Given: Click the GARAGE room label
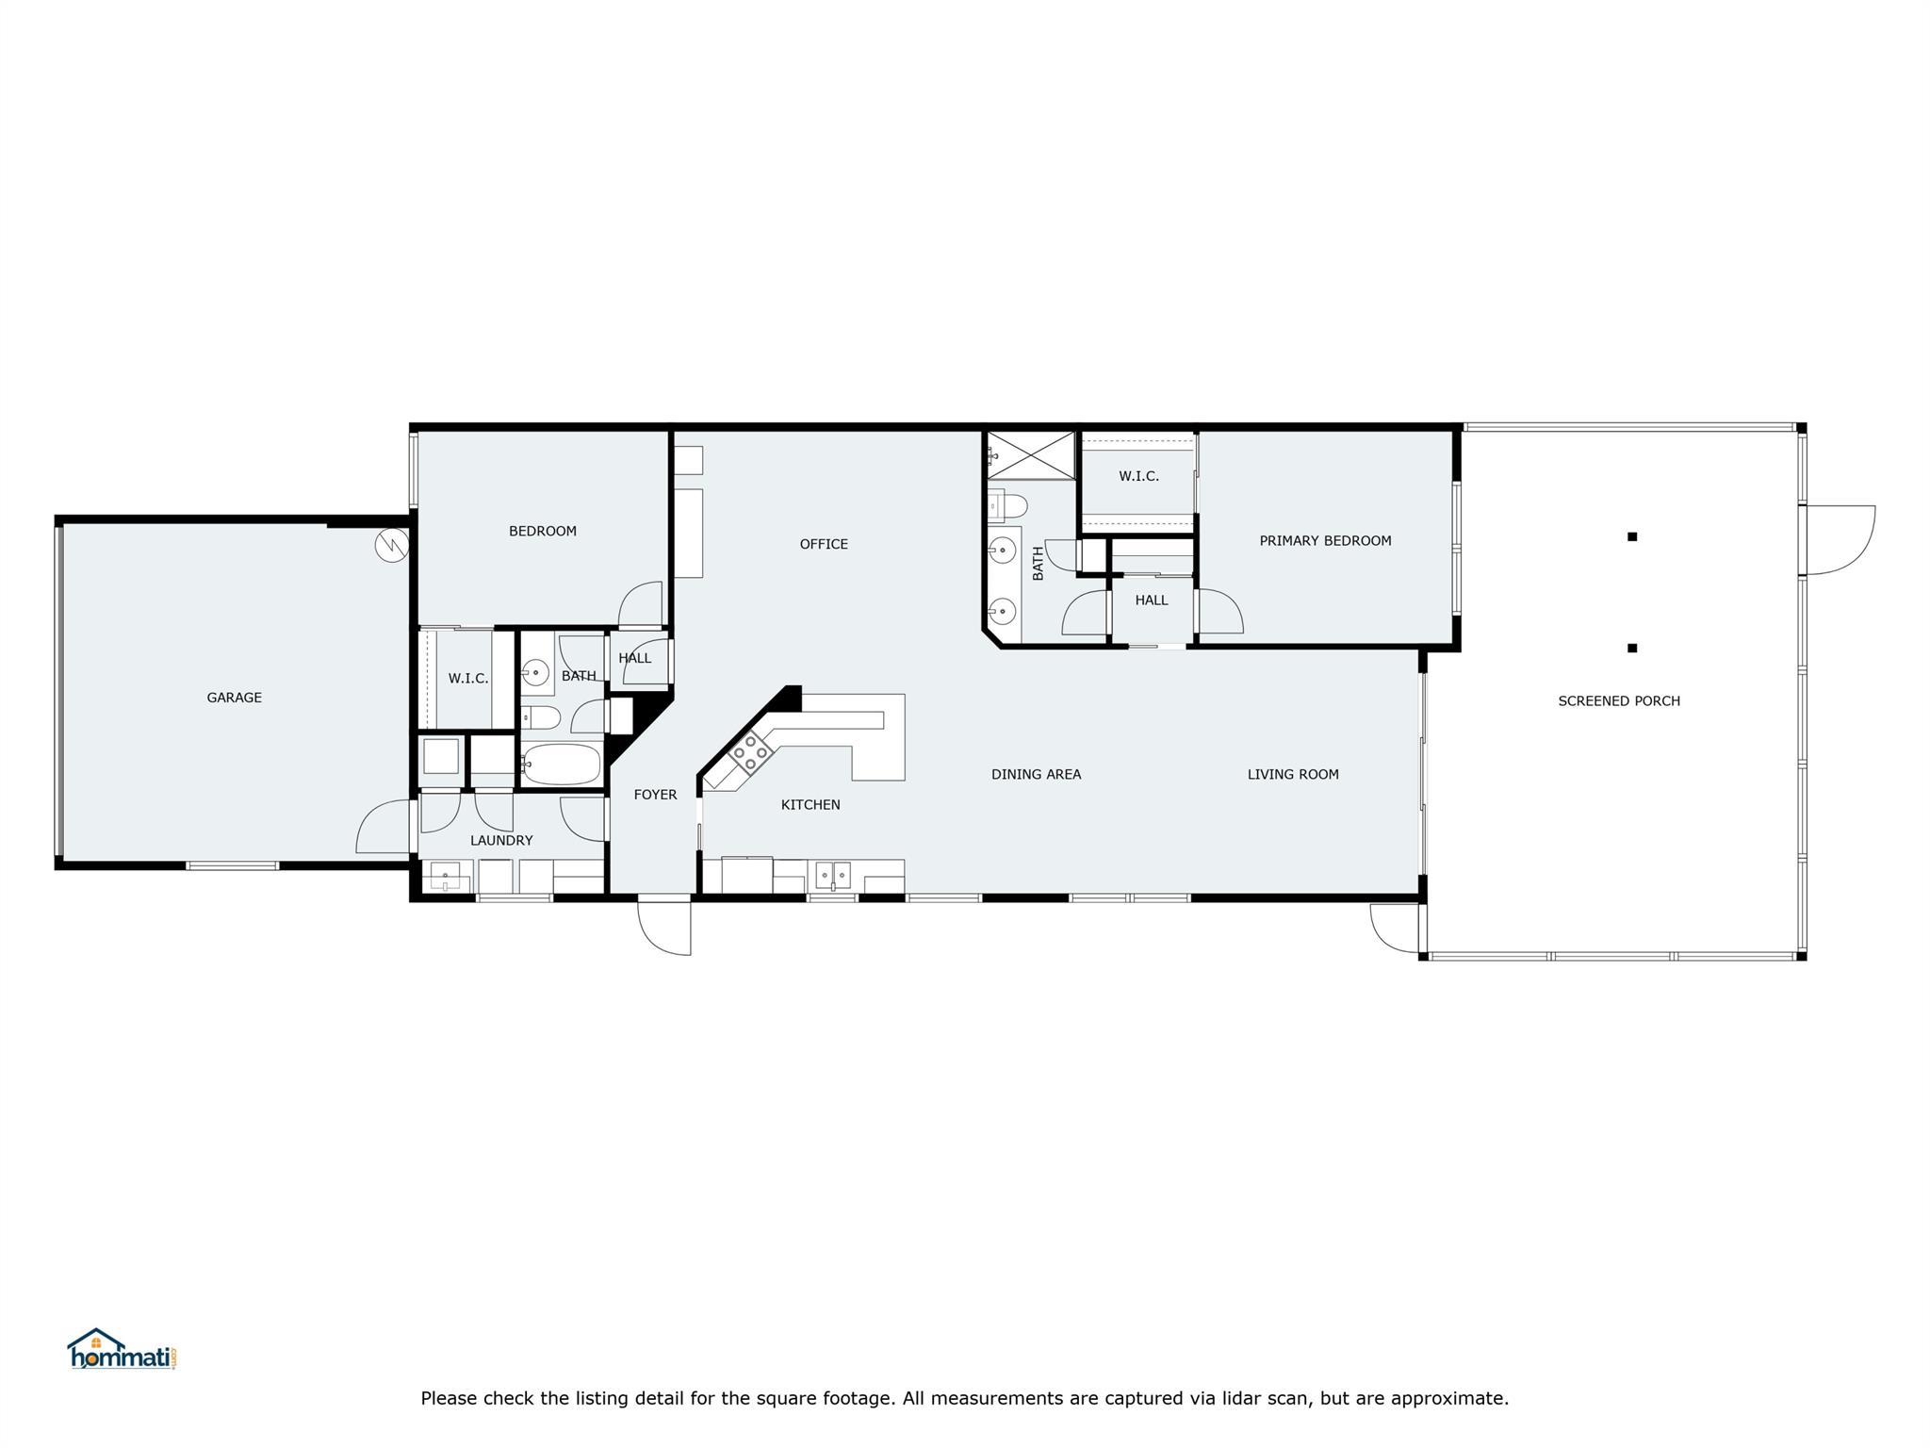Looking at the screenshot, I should (x=234, y=698).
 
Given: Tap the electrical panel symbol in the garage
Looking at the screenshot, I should (x=391, y=546).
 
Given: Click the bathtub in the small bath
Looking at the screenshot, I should (x=562, y=765).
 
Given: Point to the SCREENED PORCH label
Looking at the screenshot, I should (x=1618, y=701).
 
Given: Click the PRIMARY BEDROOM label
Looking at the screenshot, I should (x=1325, y=541).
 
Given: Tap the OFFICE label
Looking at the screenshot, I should (x=824, y=544).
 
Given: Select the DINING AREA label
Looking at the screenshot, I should (x=1036, y=775).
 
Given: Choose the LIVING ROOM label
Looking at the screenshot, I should (x=1293, y=775).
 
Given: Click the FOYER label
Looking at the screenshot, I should (x=655, y=795).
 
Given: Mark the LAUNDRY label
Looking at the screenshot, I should (x=501, y=841).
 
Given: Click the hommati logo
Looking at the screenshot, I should (x=122, y=1350).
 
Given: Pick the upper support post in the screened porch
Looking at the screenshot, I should (x=1632, y=537).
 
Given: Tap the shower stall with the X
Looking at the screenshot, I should (x=1031, y=455).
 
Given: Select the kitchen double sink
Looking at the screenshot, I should (x=833, y=876).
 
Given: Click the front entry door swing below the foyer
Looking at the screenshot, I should (x=665, y=928).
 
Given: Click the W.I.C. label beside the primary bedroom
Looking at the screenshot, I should (x=1138, y=477).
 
